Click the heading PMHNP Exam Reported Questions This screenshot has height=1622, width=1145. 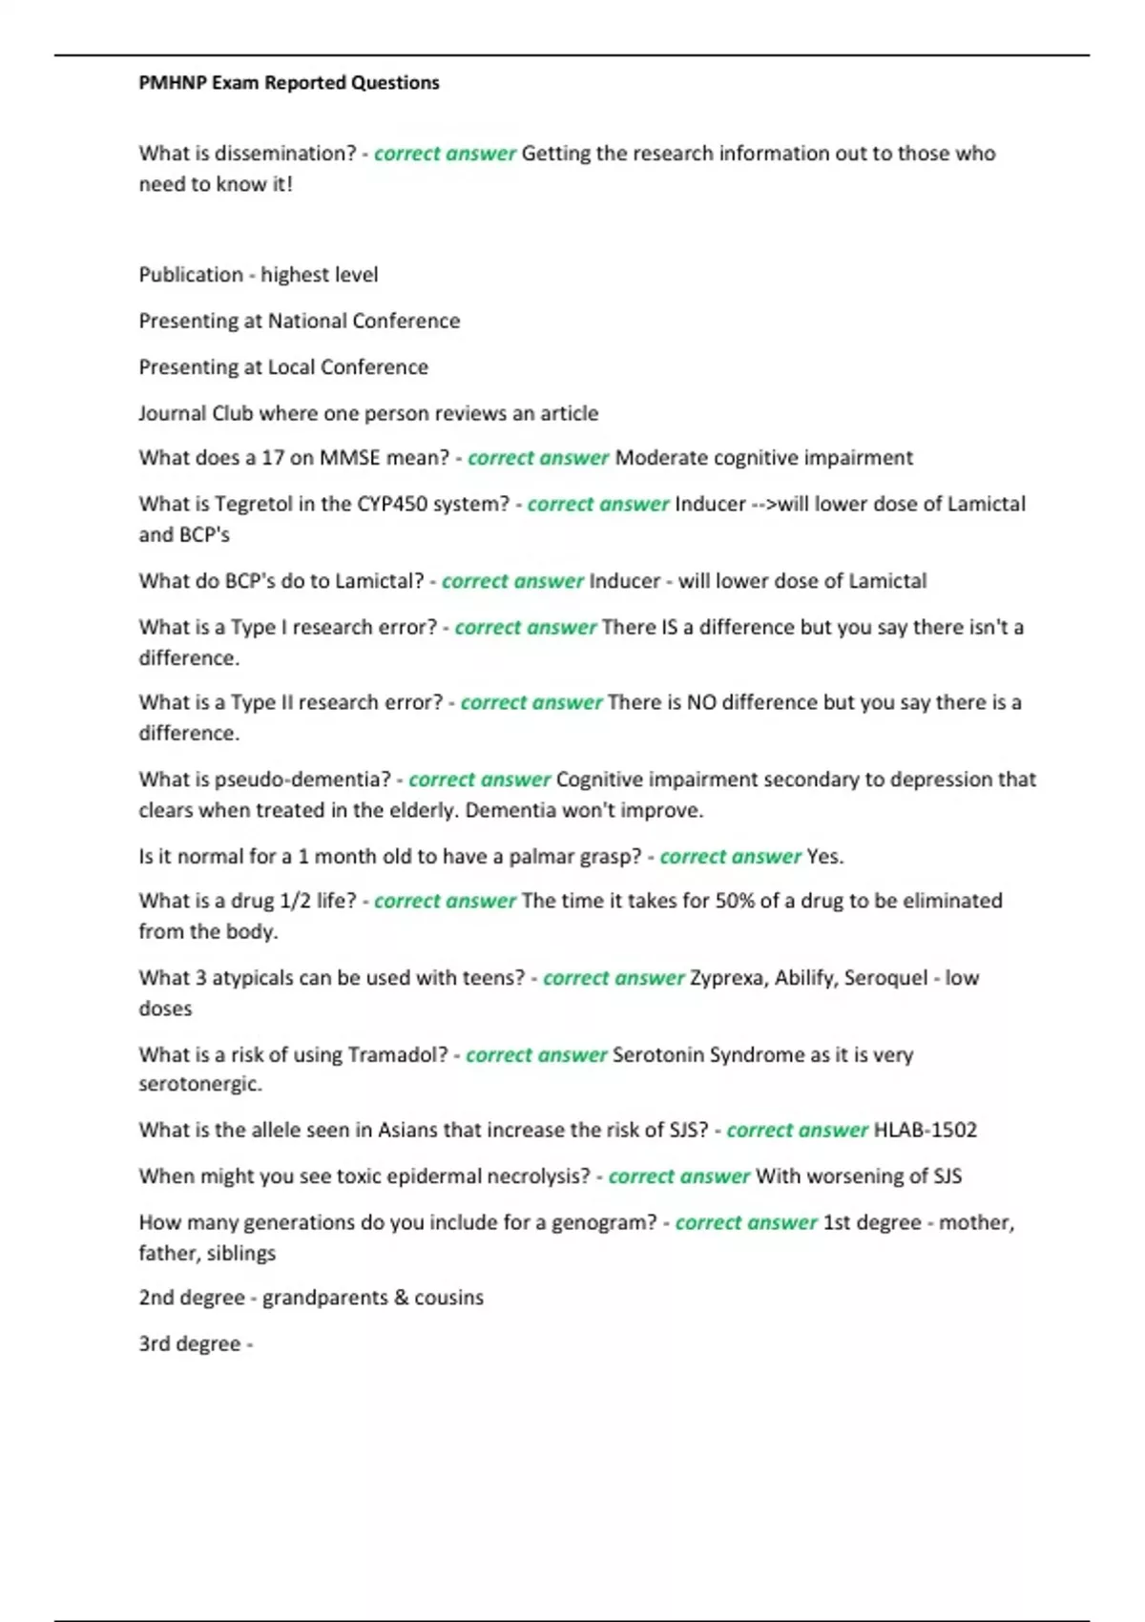tap(288, 83)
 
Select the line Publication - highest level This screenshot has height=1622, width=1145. tap(258, 275)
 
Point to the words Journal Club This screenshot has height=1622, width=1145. tap(196, 413)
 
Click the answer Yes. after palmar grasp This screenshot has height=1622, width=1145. tap(825, 857)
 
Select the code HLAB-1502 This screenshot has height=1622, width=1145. tap(926, 1131)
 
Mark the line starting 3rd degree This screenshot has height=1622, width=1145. tap(196, 1343)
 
